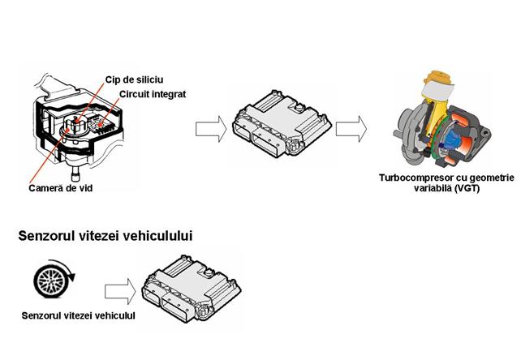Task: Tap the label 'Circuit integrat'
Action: click(x=153, y=94)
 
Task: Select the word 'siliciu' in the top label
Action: click(x=152, y=79)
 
